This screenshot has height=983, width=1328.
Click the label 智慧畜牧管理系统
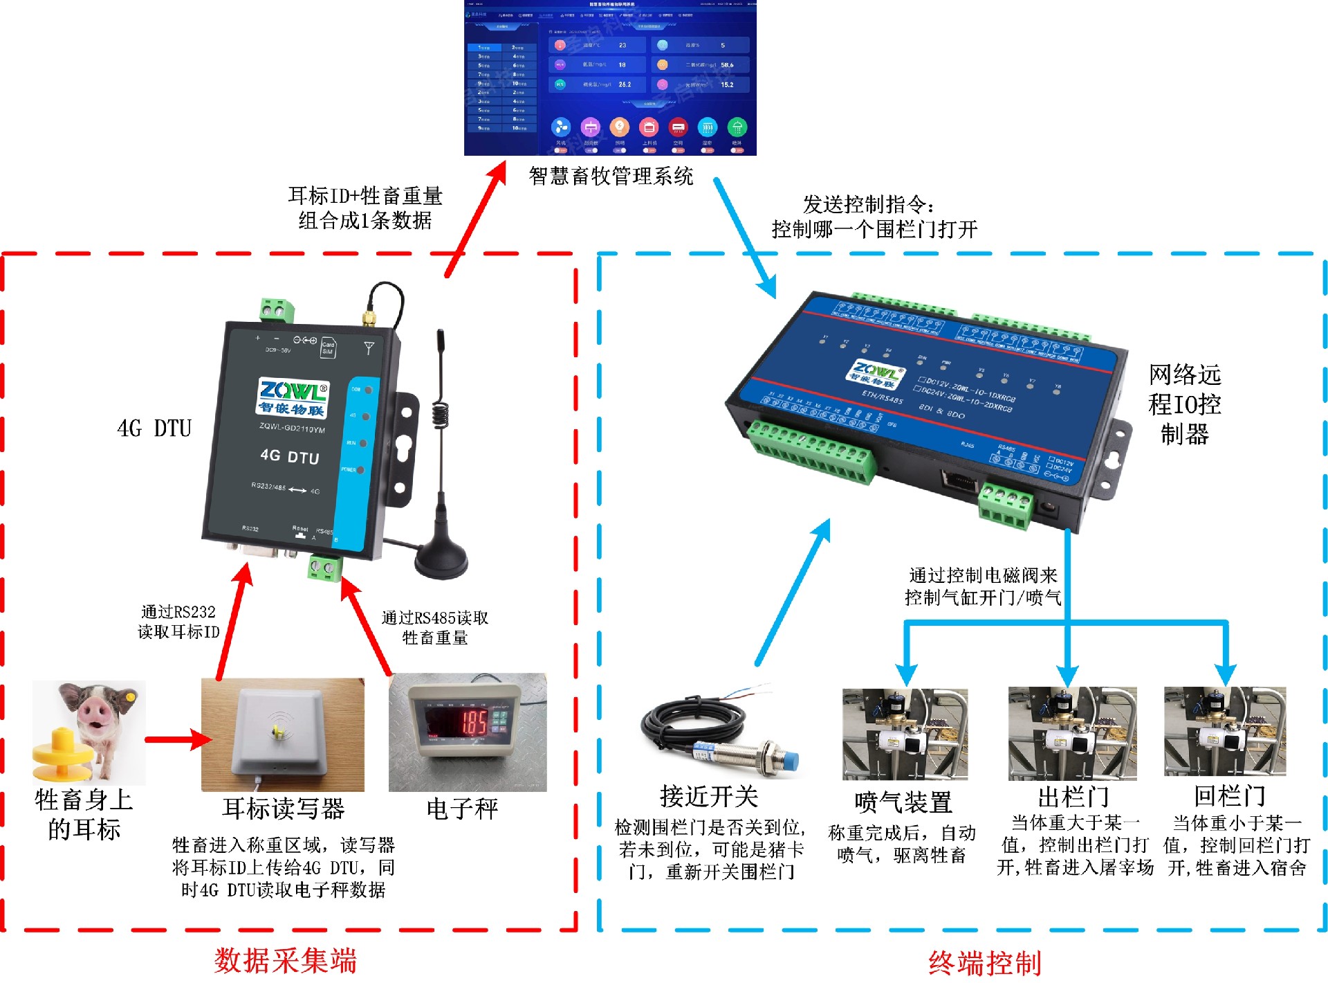click(611, 176)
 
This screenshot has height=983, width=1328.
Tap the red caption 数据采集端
click(285, 961)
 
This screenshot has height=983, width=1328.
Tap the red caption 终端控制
click(984, 963)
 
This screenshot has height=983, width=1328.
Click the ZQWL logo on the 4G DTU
click(293, 393)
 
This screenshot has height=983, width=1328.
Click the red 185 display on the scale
click(474, 723)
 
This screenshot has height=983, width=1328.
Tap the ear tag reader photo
click(282, 734)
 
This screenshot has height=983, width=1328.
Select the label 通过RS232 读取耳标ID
click(178, 622)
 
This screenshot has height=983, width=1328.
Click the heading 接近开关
click(709, 797)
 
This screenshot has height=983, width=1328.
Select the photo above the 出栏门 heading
click(1072, 734)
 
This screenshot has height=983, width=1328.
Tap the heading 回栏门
click(1229, 796)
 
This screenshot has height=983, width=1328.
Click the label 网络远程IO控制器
click(1184, 404)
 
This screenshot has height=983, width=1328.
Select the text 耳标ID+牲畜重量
click(365, 196)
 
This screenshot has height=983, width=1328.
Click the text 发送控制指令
click(868, 205)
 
